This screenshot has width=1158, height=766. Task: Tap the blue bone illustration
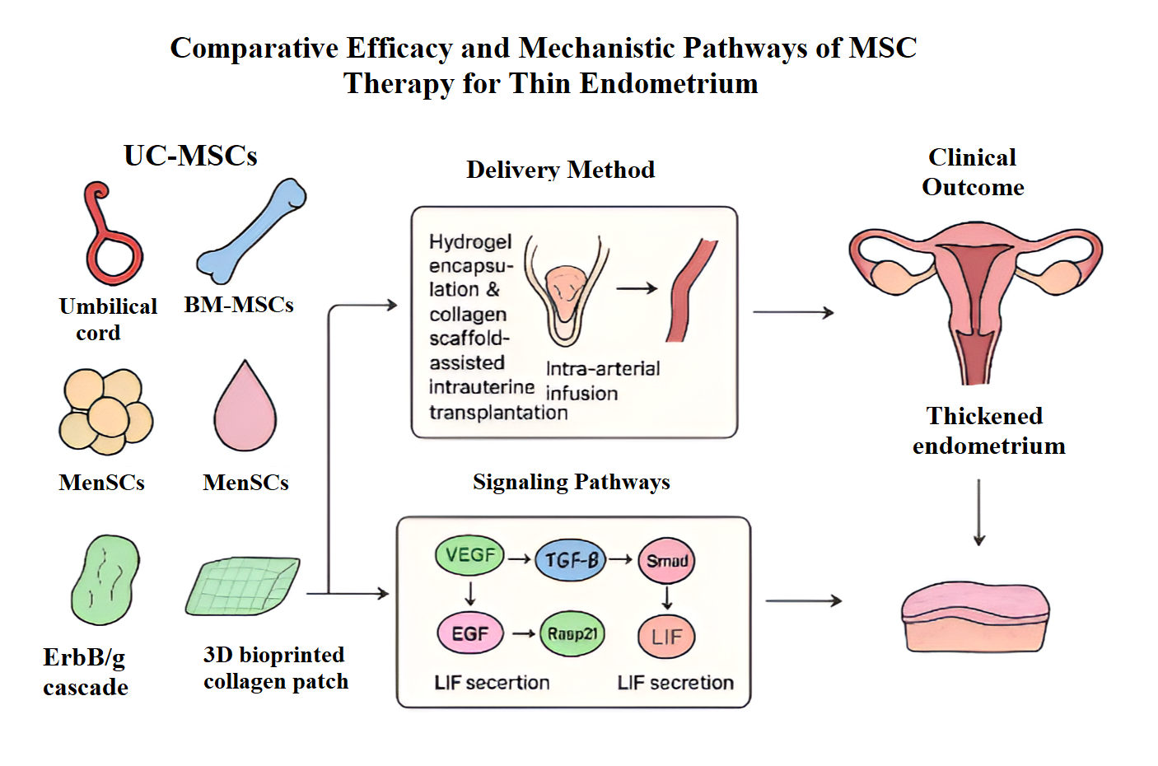250,231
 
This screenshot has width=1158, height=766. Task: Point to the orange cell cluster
105,412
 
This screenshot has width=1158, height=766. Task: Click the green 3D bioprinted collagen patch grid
242,586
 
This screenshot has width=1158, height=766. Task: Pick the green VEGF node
469,556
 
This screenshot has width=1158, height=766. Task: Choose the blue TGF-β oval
570,560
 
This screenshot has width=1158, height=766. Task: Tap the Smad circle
666,561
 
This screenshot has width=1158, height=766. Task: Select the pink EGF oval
469,633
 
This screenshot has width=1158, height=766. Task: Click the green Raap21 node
572,633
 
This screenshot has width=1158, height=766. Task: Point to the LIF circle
666,637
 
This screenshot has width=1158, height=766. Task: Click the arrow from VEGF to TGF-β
519,559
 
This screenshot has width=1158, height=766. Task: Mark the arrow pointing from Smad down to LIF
667,597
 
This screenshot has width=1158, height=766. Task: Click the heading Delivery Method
560,170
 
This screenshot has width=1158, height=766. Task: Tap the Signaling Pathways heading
571,482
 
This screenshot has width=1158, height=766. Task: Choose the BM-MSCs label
239,305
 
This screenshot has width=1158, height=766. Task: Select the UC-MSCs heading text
190,156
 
